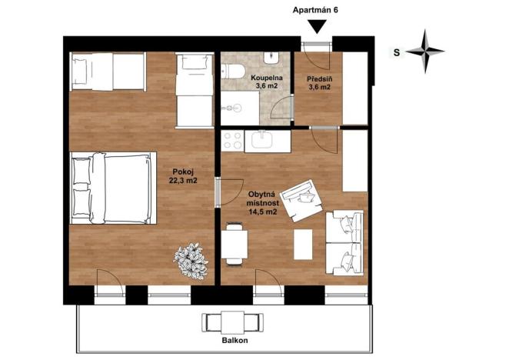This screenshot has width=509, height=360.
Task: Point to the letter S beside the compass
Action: (396, 52)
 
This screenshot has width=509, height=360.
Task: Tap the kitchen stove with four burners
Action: (232, 140)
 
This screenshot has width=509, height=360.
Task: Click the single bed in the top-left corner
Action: (106, 72)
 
